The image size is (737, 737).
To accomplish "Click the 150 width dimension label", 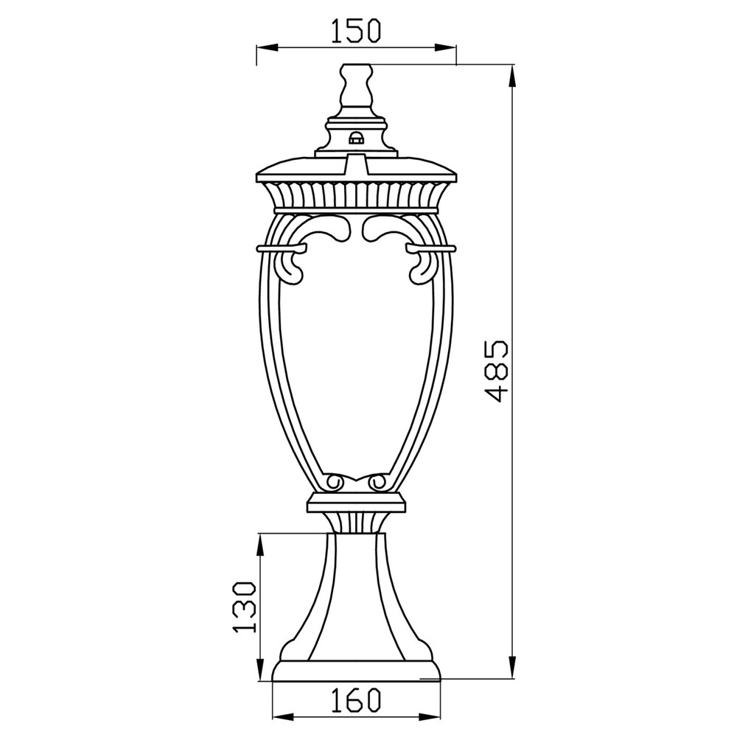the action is point(355,31).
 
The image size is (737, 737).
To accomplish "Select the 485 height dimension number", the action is point(496,371).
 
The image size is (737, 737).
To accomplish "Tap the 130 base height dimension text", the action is point(245,607).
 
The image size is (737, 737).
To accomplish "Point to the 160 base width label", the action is point(356,699).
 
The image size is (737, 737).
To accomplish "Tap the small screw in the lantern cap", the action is point(356,138).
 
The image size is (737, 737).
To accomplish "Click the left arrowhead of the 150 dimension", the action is point(265,47).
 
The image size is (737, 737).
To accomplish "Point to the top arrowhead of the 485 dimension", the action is point(513,75).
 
